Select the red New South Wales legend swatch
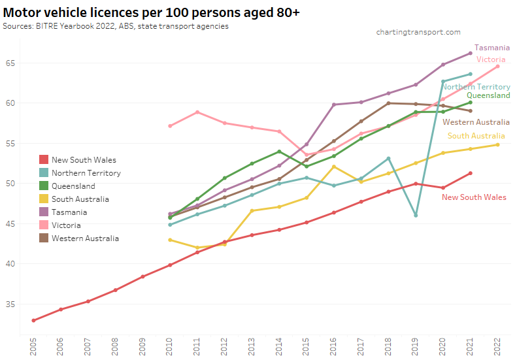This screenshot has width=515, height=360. coord(43,160)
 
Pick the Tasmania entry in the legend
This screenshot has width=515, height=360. coord(69,212)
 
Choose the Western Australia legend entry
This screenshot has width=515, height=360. coord(85,238)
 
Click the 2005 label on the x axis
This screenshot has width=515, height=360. coord(33,346)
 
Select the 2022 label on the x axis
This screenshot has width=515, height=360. coord(498,346)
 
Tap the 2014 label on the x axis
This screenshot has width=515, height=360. coord(279,346)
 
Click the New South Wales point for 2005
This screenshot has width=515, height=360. coord(33,320)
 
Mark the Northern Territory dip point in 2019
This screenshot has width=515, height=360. coord(416,215)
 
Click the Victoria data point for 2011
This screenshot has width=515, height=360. coord(197,112)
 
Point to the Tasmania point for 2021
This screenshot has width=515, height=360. coord(471,54)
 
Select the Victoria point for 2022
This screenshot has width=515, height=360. coord(498,66)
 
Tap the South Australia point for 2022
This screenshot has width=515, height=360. coord(498,144)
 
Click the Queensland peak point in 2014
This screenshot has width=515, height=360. coord(279,152)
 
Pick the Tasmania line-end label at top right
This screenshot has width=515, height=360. coord(492,48)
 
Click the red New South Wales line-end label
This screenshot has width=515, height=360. coord(474,197)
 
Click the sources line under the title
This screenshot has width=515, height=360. coord(116,26)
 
